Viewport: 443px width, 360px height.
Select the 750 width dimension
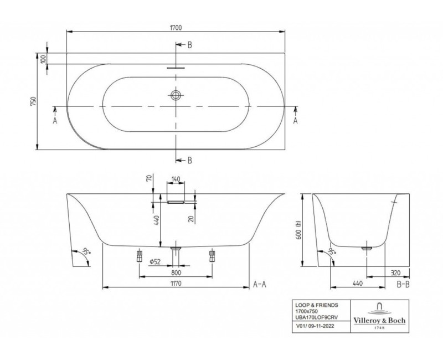33,101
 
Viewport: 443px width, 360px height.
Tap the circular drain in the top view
176,95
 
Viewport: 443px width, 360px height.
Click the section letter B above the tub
189,45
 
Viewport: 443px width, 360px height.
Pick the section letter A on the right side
295,120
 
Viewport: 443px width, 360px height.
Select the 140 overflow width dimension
176,179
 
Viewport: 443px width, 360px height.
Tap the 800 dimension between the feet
176,273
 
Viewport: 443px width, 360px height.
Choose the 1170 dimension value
176,282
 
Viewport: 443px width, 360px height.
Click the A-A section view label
260,284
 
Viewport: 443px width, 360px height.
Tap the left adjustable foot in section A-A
139,256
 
